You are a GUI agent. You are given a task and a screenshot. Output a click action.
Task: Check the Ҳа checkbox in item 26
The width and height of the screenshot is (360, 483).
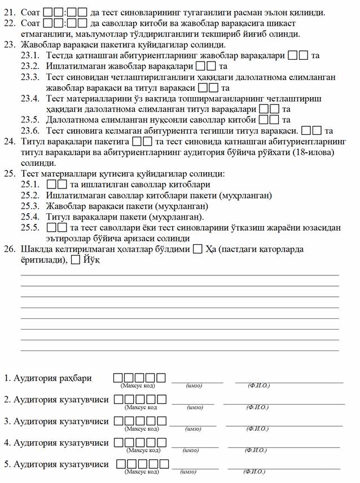click(x=197, y=249)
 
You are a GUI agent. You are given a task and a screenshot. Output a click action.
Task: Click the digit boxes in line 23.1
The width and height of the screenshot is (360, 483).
click(x=298, y=56)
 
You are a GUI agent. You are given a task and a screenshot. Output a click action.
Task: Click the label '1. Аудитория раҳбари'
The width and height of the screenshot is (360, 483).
click(x=47, y=378)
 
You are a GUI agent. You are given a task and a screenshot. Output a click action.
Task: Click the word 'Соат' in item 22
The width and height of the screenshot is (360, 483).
click(x=30, y=24)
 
